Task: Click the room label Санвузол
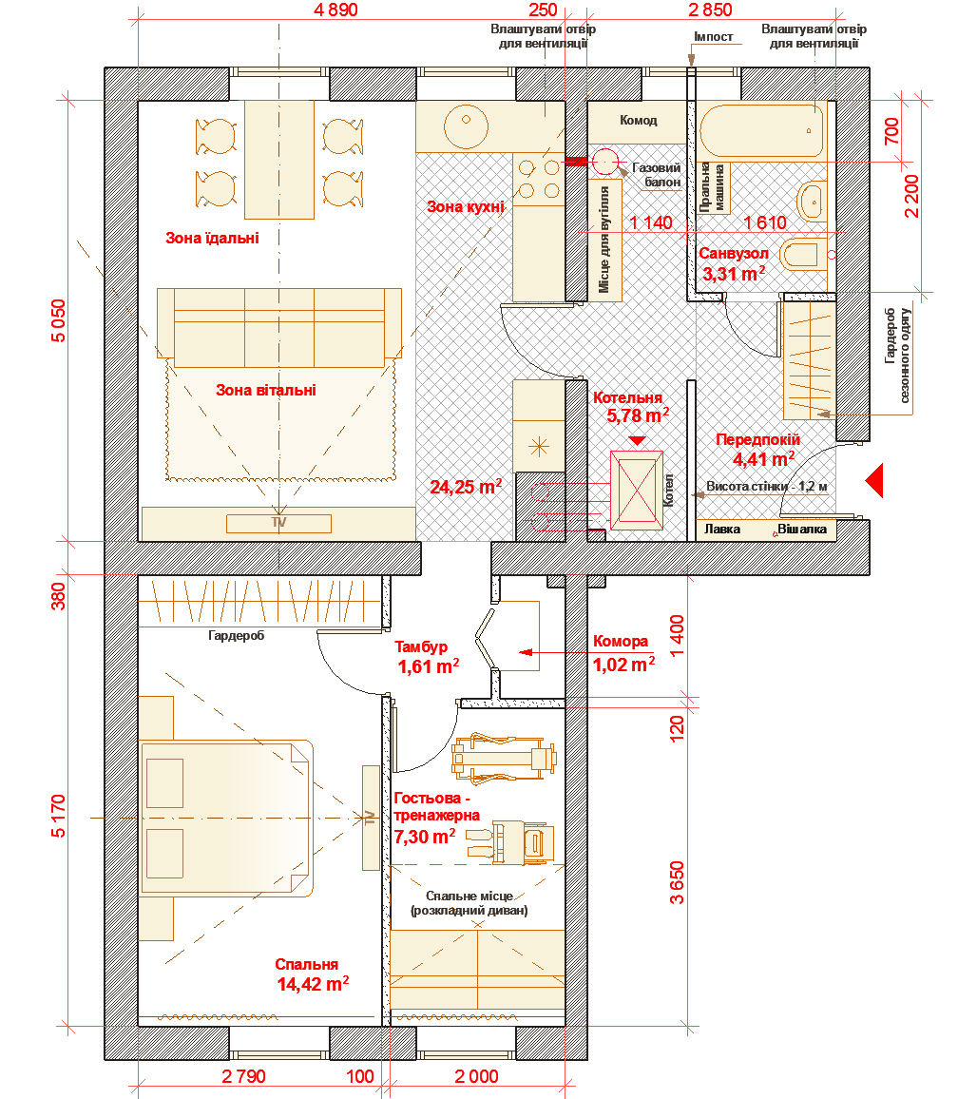coord(734,253)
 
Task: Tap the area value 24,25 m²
coord(466,487)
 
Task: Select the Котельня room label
coord(627,397)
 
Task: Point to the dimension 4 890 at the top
coord(336,10)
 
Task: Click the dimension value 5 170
coord(58,816)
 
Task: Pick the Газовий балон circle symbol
coord(604,162)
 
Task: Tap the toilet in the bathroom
coord(806,255)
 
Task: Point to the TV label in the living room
coord(278,523)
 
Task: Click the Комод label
coord(639,121)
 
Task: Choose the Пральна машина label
coord(714,187)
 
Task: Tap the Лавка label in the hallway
coord(722,530)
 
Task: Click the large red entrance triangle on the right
coord(874,481)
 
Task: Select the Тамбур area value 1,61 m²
coord(429,666)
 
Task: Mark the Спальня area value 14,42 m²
coord(313,984)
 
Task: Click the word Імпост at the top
coord(714,36)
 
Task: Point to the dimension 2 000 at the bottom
coord(476,1076)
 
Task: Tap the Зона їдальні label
coord(212,239)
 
